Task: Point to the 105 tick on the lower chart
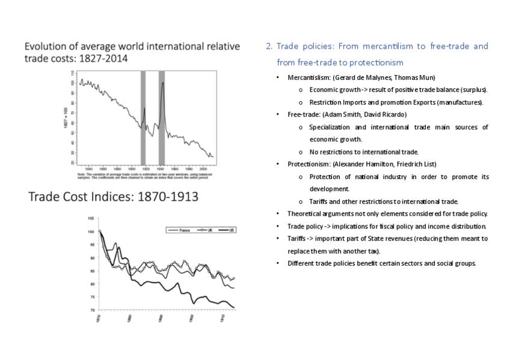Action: click(90, 218)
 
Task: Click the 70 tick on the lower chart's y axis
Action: click(91, 310)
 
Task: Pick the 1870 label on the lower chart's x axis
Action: click(98, 319)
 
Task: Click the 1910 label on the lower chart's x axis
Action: click(223, 319)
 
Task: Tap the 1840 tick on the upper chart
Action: click(88, 169)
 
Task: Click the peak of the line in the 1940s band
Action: click(162, 82)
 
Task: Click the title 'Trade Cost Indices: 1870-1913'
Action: click(114, 197)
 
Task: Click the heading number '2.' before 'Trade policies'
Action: click(269, 46)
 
